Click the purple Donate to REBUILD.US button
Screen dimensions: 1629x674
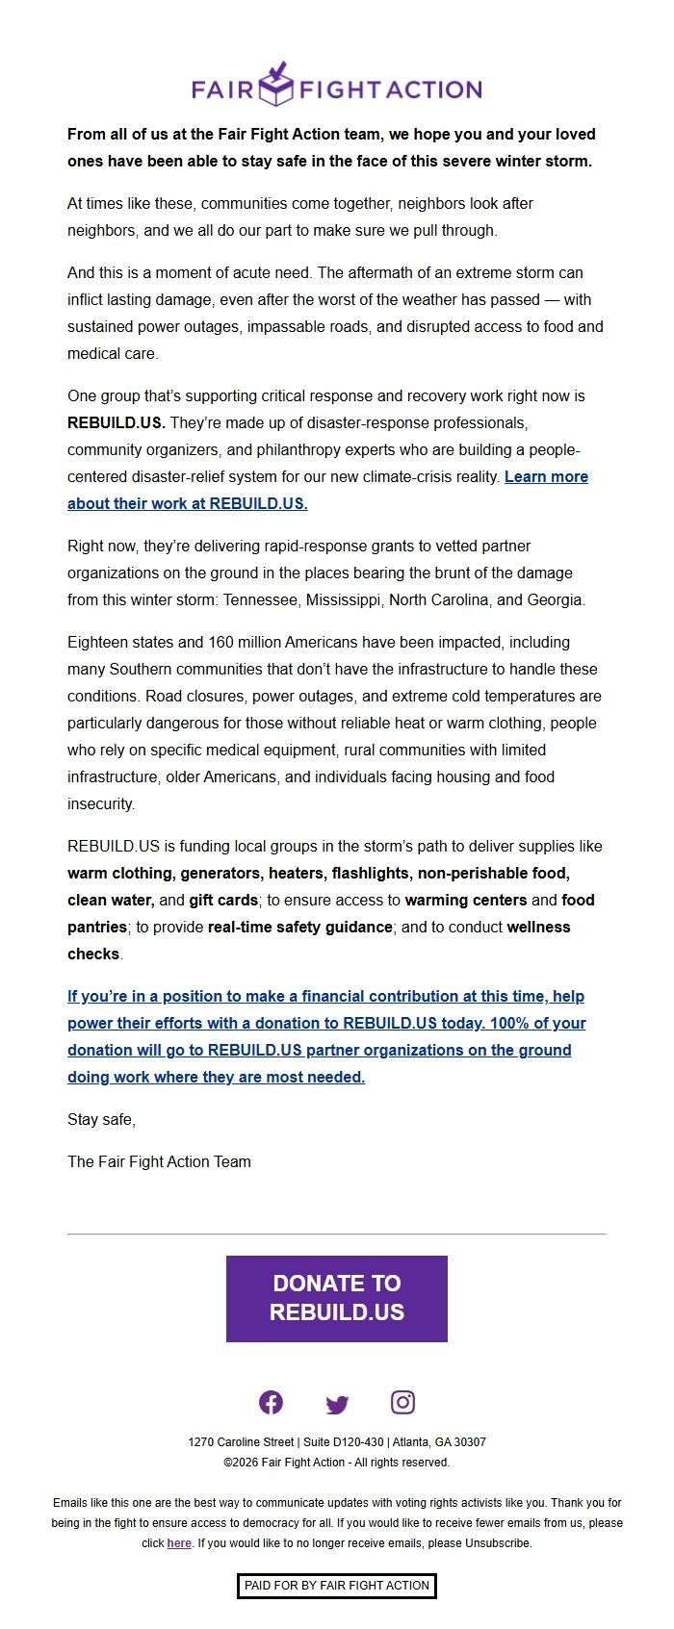337,1298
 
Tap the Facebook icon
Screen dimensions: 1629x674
272,1403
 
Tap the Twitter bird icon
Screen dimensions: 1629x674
337,1405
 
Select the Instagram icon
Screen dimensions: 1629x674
402,1403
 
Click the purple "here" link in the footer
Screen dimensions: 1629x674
179,1543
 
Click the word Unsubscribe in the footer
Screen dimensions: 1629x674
498,1543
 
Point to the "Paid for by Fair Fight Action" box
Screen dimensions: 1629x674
337,1586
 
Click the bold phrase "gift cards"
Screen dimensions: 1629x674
223,901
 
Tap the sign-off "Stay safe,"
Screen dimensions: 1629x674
101,1120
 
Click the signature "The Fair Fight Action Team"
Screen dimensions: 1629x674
159,1162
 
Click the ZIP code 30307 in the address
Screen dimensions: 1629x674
469,1442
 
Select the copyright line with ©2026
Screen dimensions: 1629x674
337,1463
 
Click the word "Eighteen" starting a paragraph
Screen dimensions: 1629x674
99,643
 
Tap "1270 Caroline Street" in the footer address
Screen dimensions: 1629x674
241,1442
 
